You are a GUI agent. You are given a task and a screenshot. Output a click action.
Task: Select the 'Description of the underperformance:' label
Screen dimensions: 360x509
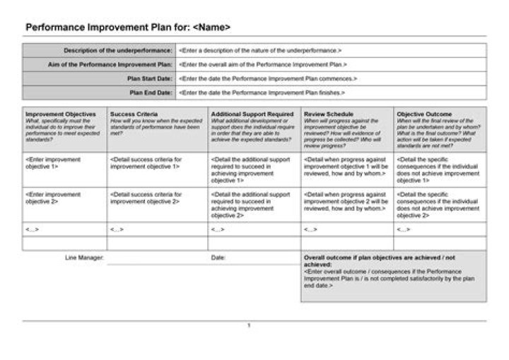[x=118, y=51]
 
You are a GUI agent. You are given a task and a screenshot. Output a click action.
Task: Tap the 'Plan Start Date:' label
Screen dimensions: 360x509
[x=149, y=79]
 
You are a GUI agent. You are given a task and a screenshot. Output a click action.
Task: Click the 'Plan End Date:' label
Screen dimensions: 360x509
[x=151, y=93]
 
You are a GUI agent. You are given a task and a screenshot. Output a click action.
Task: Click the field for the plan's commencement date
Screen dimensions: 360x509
[x=268, y=79]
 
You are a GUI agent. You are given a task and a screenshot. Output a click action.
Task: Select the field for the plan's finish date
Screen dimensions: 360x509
[x=262, y=93]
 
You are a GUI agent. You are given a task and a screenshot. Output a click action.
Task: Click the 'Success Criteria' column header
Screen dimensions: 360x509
[x=134, y=114]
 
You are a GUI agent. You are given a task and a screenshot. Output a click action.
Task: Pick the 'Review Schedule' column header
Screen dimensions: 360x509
[x=329, y=114]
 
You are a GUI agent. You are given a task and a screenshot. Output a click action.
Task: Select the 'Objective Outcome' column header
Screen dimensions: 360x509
[x=424, y=114]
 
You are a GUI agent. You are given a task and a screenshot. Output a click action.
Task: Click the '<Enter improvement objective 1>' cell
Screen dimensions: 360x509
[x=54, y=163]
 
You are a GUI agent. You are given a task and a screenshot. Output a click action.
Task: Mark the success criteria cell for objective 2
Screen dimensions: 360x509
[x=146, y=198]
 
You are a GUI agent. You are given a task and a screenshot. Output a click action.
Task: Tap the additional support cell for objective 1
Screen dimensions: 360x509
[x=251, y=170]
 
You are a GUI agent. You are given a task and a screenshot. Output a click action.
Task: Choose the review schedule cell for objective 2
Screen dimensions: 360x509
[x=346, y=202]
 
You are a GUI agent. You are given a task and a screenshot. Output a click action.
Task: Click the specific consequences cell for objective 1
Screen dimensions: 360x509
[x=438, y=170]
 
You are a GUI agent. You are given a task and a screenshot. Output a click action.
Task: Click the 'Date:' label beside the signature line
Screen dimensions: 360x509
[x=218, y=257]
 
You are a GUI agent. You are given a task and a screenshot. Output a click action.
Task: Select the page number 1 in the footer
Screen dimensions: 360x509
[x=249, y=325]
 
